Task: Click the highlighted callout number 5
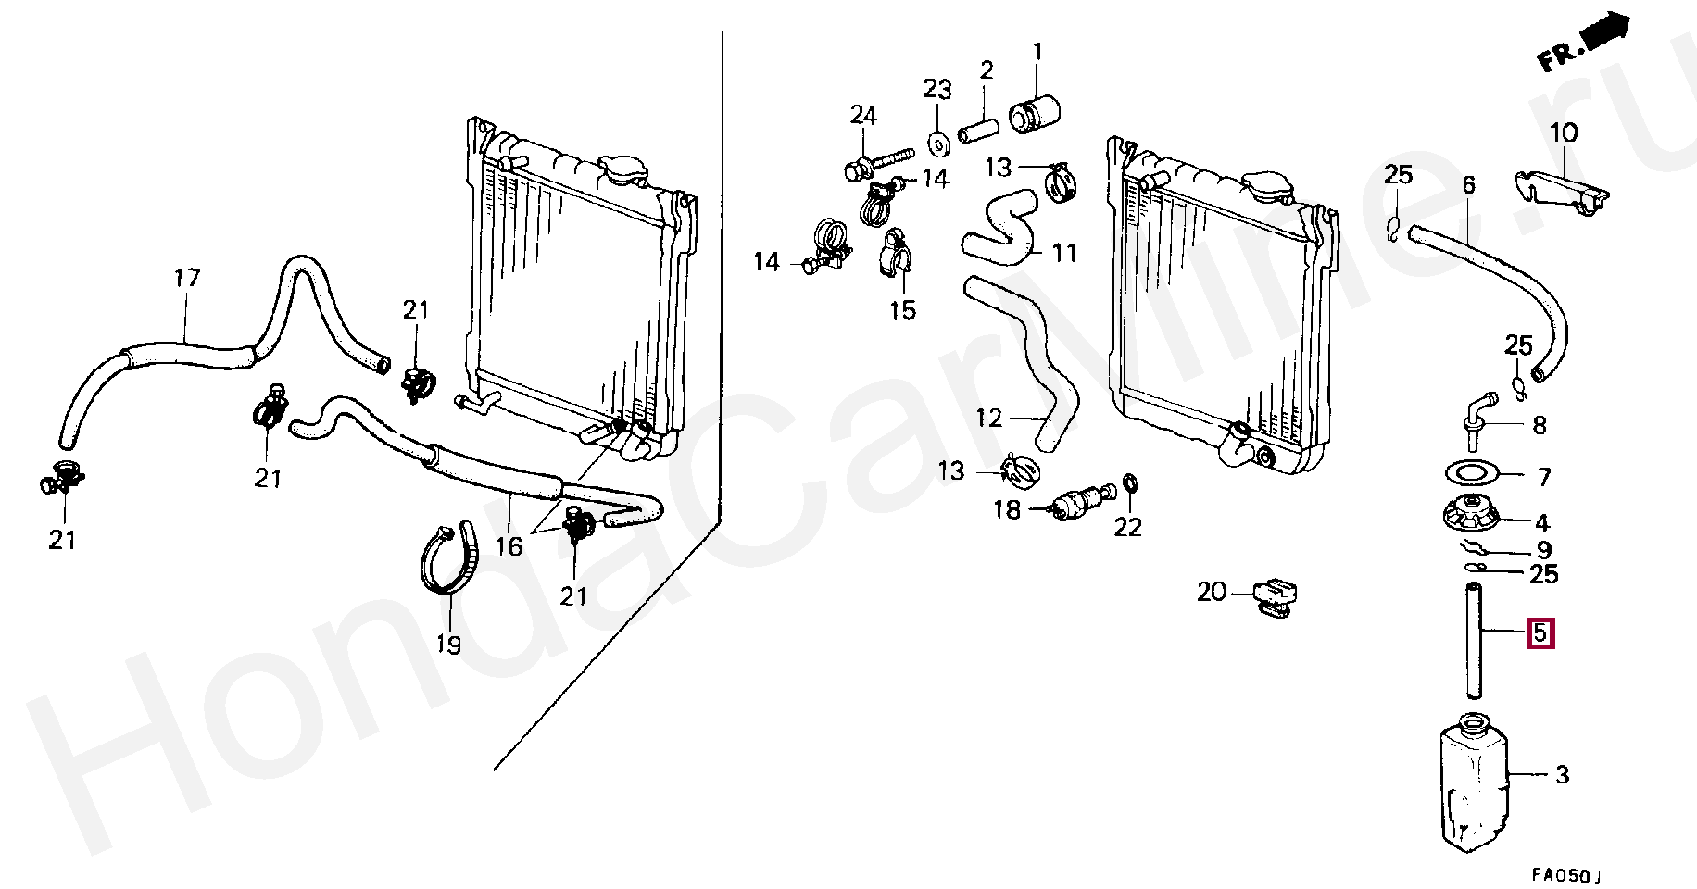pyautogui.click(x=1540, y=633)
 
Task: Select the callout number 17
pyautogui.click(x=187, y=278)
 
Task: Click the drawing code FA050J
pyautogui.click(x=1565, y=874)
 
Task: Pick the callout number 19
pyautogui.click(x=449, y=645)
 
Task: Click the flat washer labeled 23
pyautogui.click(x=937, y=144)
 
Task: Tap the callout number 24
pyautogui.click(x=863, y=115)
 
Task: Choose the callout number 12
pyautogui.click(x=989, y=418)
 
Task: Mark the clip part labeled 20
pyautogui.click(x=1276, y=596)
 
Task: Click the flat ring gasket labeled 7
pyautogui.click(x=1471, y=474)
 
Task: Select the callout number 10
pyautogui.click(x=1564, y=133)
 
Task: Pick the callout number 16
pyautogui.click(x=509, y=546)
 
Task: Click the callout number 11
pyautogui.click(x=1064, y=253)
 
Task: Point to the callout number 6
pyautogui.click(x=1469, y=185)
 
